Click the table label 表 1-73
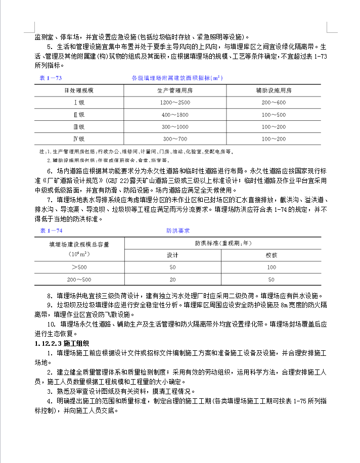tap(51, 78)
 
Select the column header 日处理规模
tap(78, 90)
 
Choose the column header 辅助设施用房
tap(274, 90)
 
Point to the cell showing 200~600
tap(274, 103)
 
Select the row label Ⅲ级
tap(78, 127)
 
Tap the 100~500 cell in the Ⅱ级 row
tap(274, 115)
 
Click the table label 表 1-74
tap(51, 230)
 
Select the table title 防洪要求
tap(178, 230)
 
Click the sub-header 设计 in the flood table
tap(173, 255)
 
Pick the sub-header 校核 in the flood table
tap(272, 255)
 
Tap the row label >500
tap(79, 267)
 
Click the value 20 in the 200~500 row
tap(173, 280)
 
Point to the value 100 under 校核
tap(272, 267)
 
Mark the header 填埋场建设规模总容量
tap(79, 244)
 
